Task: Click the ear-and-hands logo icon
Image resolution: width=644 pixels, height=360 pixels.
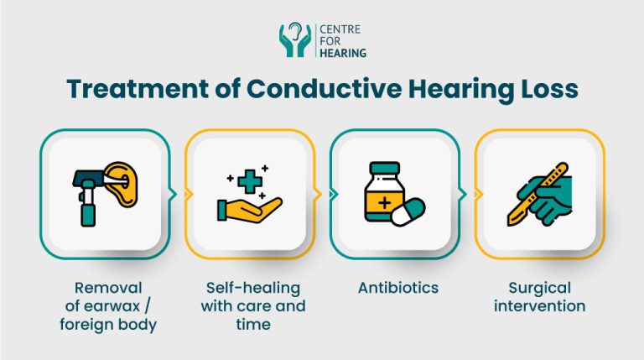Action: [x=294, y=40]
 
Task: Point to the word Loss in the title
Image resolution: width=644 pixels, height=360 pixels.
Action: [x=546, y=91]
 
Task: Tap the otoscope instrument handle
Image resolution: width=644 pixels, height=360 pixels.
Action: [x=86, y=210]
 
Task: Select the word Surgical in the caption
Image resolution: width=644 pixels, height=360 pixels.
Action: [x=540, y=288]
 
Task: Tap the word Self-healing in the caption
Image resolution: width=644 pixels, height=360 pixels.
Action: [x=250, y=288]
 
